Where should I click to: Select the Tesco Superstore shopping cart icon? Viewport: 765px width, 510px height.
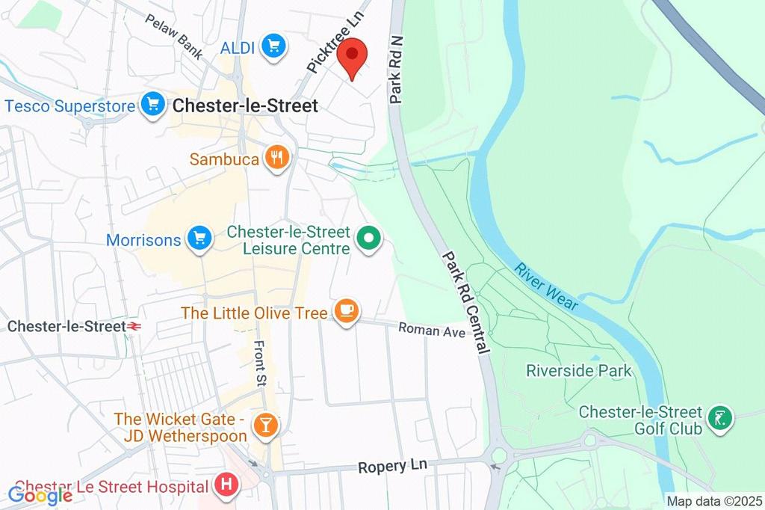(153, 105)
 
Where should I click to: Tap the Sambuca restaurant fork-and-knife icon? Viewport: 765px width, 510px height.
(278, 159)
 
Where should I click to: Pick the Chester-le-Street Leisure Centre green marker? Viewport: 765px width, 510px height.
(368, 239)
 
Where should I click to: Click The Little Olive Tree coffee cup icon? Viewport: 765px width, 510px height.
(345, 312)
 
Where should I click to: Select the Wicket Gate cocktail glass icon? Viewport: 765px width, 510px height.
(264, 426)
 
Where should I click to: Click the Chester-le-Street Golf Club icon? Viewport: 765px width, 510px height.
(720, 420)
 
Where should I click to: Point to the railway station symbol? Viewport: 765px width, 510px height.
(134, 327)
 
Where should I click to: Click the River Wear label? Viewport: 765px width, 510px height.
(545, 284)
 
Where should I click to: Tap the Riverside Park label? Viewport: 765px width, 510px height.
(578, 370)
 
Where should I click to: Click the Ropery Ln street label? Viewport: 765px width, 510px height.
(392, 466)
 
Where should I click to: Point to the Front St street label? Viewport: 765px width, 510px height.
(259, 364)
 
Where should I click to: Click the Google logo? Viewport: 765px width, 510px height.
(40, 494)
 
